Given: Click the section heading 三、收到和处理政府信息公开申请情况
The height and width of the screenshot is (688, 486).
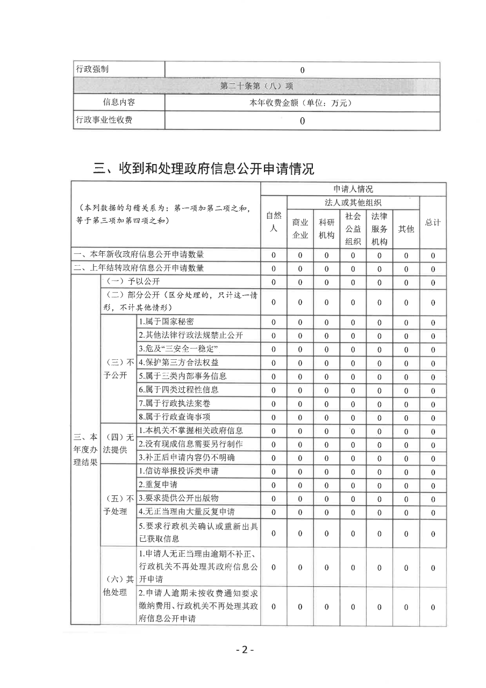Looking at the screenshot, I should coord(204,169).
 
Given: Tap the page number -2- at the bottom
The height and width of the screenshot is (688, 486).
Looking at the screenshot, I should coord(244,649).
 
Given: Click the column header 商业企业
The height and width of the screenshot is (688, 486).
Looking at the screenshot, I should coord(300,229).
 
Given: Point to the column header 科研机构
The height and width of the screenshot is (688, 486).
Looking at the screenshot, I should coord(326,229).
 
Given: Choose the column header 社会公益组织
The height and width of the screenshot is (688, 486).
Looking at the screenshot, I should coord(353,229).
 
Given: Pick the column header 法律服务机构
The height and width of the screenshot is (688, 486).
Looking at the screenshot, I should coord(379,229).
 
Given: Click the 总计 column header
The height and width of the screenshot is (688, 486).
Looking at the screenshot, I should coord(432,222).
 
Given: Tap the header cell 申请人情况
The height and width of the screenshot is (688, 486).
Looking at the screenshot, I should coord(353,189).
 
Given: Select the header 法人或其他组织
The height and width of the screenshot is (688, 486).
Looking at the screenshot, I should coord(353,203).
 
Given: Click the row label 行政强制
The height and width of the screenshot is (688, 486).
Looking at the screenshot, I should coord(95,70).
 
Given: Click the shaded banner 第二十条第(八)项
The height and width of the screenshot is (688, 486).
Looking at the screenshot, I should coord(256,86).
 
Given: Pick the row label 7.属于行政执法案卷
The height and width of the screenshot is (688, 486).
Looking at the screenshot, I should coord(170,403).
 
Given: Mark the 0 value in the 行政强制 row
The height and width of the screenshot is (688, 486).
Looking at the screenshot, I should coord(302,70).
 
